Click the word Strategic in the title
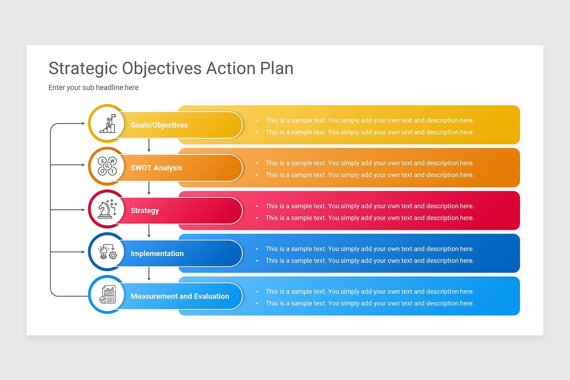(83, 68)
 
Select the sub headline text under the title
(94, 87)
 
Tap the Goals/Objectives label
(159, 125)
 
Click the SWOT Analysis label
(156, 168)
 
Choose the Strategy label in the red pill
(145, 210)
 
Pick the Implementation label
(157, 253)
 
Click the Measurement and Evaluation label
(180, 296)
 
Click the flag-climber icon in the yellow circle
(107, 123)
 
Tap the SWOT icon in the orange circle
(107, 166)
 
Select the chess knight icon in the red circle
(107, 209)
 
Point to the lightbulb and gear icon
(107, 252)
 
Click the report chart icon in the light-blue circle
(107, 294)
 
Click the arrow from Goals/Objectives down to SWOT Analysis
(149, 145)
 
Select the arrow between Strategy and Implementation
(149, 231)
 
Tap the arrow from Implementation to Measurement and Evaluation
(149, 274)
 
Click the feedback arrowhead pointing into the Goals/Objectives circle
(82, 124)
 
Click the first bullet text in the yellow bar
(370, 120)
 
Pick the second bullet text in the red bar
(370, 218)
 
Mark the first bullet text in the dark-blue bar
(370, 248)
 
